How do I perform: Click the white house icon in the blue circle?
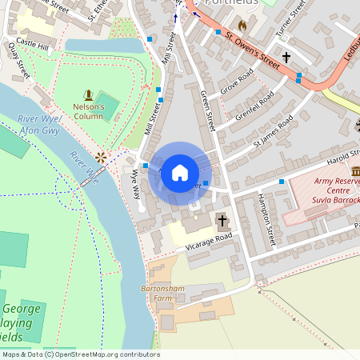point(180,172)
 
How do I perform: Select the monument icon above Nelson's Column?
point(88,95)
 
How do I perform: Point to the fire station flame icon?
point(242,25)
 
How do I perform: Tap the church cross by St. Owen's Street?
point(286,58)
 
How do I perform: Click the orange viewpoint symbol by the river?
point(101,157)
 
